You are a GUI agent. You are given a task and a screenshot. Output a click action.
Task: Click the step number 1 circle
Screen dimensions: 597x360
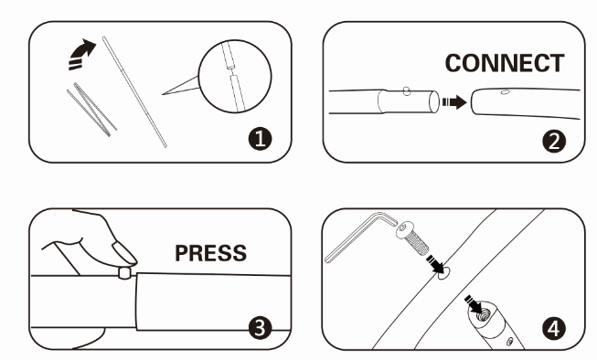click(260, 139)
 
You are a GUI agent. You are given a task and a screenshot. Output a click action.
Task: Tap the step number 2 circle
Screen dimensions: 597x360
click(554, 142)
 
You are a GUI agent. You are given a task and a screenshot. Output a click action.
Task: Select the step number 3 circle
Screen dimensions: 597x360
click(260, 328)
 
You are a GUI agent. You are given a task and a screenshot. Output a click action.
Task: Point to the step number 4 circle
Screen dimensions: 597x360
click(554, 328)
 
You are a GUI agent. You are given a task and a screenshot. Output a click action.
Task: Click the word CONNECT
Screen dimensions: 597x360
click(505, 63)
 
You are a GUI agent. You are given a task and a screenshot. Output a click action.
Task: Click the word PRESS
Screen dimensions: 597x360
click(210, 253)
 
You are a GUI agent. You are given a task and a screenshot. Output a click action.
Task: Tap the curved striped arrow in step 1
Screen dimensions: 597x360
click(81, 55)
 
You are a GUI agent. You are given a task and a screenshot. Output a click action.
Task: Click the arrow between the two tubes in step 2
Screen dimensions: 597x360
click(454, 102)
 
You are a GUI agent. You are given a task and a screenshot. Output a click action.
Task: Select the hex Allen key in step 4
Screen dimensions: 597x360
click(360, 237)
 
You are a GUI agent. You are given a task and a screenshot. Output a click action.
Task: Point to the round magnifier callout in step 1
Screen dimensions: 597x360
click(235, 76)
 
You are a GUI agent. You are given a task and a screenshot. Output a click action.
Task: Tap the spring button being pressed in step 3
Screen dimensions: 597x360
click(124, 273)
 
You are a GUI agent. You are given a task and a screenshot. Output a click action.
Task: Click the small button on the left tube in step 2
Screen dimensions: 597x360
click(407, 91)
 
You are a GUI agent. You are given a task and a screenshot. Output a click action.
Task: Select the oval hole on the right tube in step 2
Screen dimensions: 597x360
click(505, 91)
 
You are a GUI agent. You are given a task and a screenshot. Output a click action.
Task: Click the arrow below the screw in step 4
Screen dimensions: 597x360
click(436, 264)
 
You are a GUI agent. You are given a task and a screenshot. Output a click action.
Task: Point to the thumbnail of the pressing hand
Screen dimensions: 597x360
click(124, 253)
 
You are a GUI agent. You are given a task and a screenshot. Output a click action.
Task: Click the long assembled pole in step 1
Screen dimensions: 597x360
click(134, 91)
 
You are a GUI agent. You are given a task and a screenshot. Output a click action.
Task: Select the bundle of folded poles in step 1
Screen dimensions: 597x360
click(91, 110)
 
